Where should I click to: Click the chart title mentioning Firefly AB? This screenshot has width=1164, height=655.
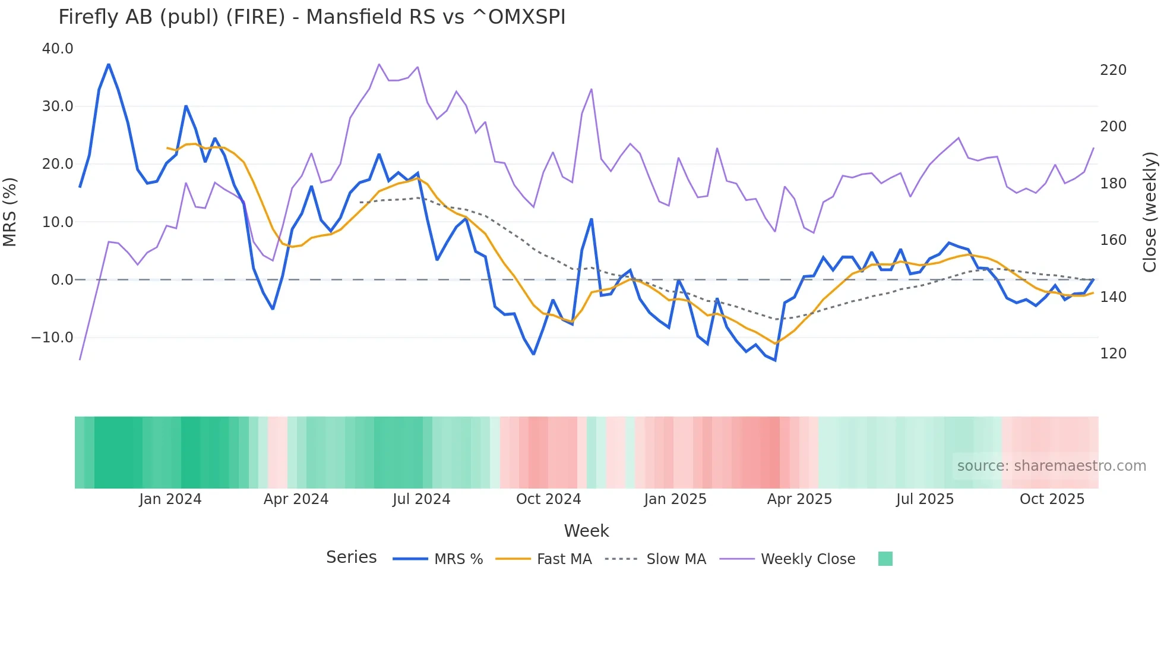(312, 17)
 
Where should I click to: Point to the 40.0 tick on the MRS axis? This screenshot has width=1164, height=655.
(58, 49)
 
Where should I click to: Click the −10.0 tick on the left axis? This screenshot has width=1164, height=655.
(52, 338)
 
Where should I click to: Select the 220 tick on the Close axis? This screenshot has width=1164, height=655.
(1113, 70)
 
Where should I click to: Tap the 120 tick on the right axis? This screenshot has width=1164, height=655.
(1113, 354)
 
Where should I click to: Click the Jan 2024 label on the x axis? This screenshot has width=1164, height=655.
(170, 499)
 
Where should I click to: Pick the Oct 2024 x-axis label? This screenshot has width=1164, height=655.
(548, 499)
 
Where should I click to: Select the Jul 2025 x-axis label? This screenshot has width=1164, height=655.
(925, 499)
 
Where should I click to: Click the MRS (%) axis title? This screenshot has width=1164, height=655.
(10, 212)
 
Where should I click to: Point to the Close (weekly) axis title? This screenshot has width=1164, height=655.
(1150, 212)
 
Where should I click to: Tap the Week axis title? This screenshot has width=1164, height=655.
(586, 531)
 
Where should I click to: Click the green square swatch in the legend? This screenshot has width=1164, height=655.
(885, 559)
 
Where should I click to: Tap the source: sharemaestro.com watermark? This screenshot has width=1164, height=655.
(1051, 466)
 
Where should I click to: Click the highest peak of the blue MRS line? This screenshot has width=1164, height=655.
(109, 64)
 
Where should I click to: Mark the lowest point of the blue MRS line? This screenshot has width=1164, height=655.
(775, 360)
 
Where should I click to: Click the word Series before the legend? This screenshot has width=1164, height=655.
(351, 558)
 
